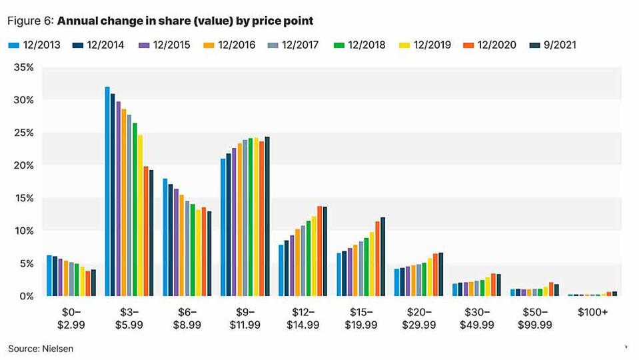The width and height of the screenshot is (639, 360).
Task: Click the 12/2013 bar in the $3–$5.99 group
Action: pos(107,191)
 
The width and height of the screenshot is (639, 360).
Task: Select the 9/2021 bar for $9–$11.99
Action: pos(267,216)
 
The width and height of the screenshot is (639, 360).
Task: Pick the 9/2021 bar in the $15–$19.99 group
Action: pos(383,256)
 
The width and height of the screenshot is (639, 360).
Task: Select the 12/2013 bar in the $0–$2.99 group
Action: pos(49,275)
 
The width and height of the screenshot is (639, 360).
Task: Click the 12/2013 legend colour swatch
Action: pos(12,45)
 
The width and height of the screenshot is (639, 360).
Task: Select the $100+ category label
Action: pos(592,311)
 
